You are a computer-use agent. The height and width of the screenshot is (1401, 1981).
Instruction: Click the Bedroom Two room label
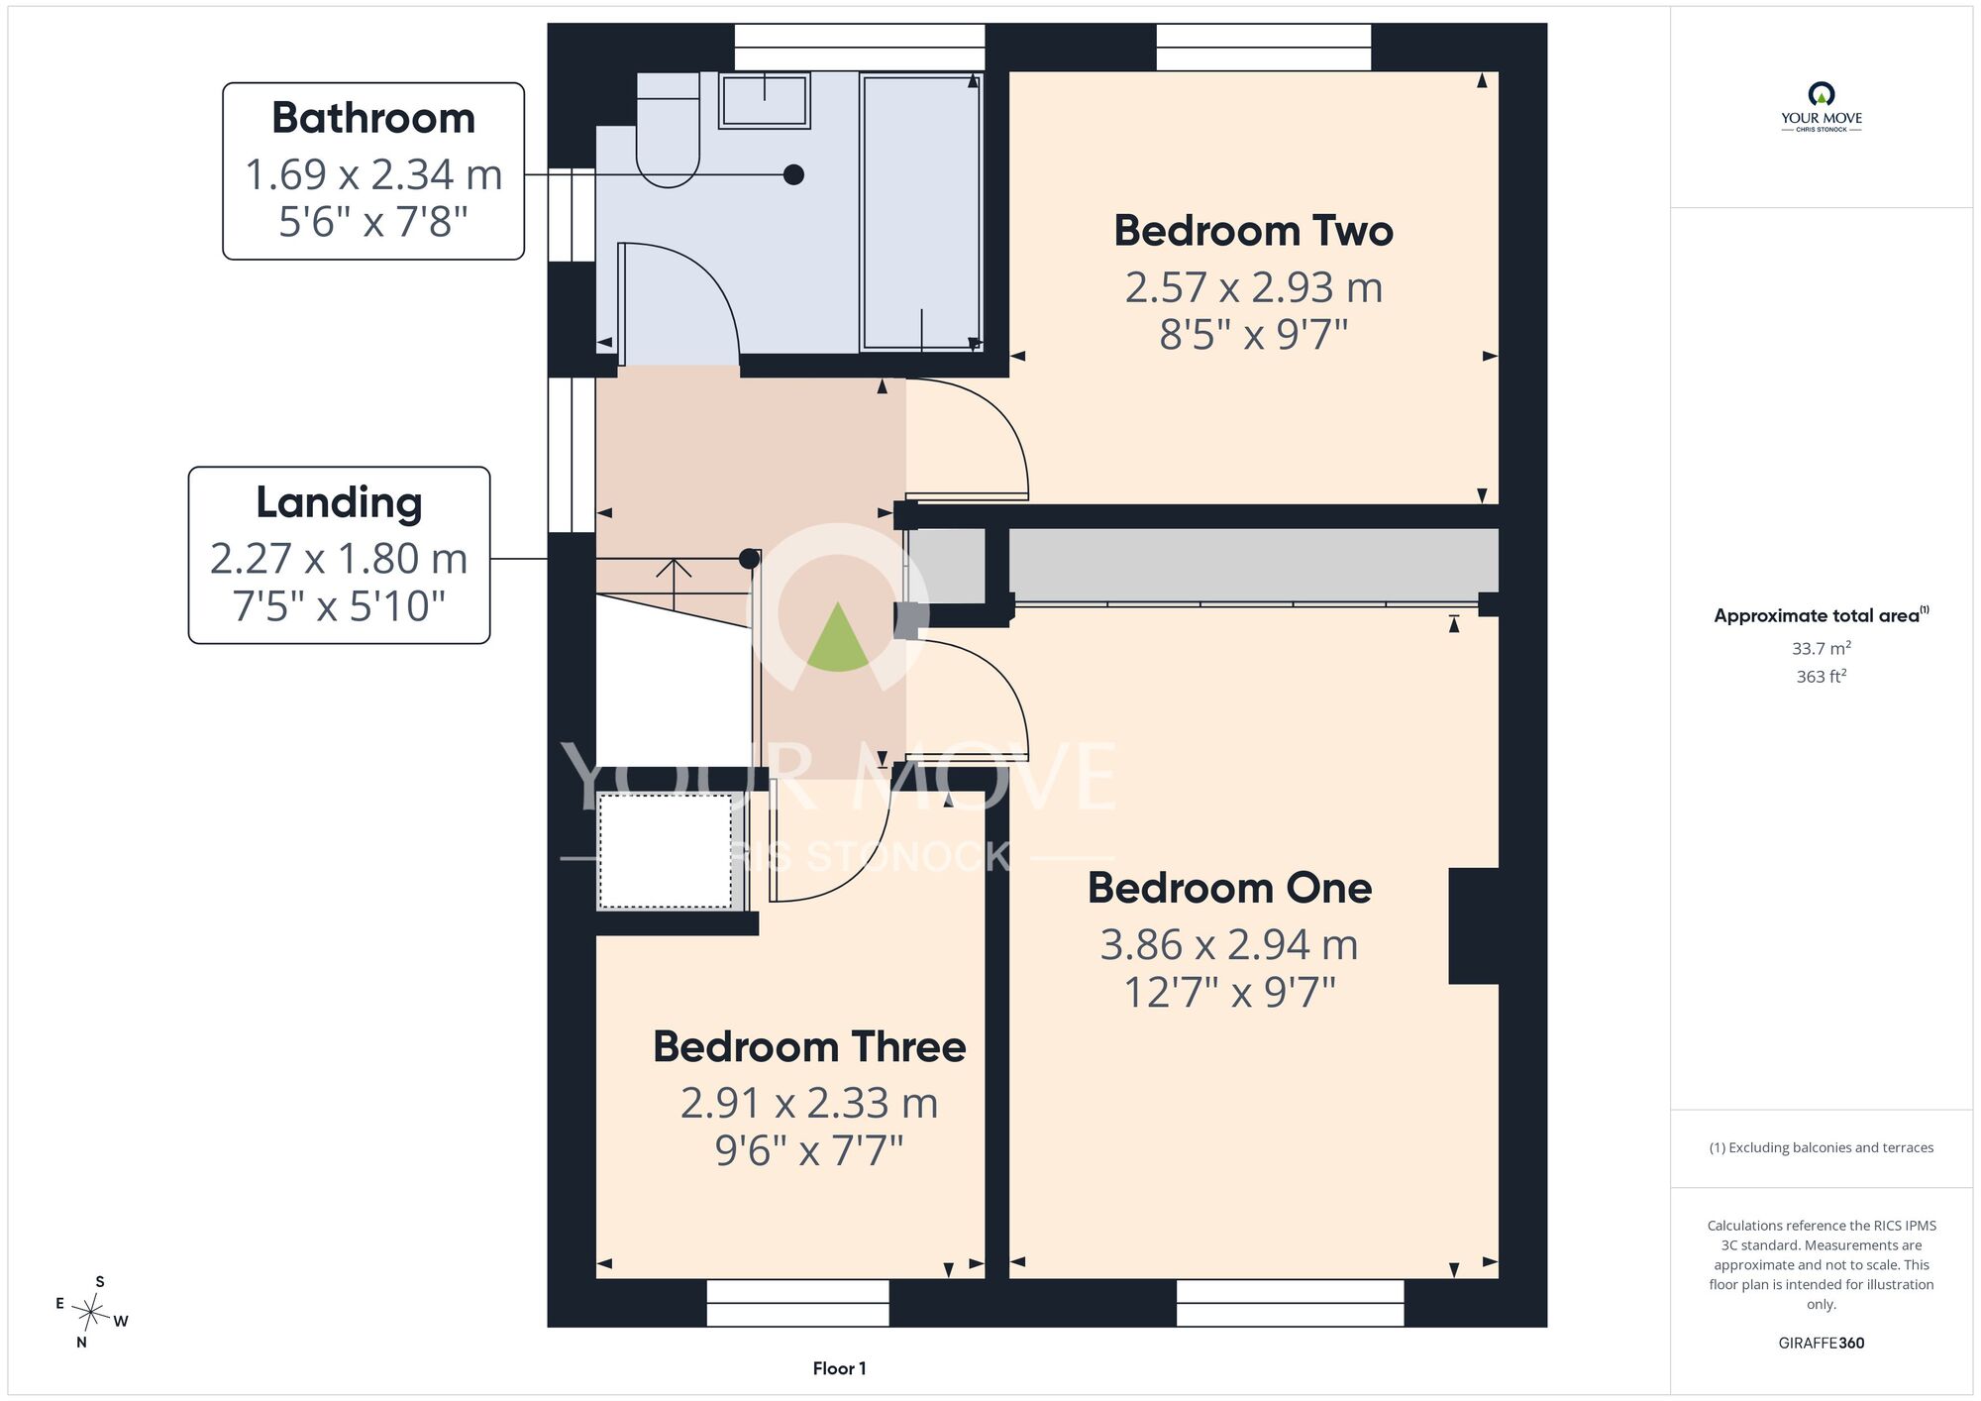tap(1253, 231)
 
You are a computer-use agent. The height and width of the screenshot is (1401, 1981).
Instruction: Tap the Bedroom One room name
tap(1229, 888)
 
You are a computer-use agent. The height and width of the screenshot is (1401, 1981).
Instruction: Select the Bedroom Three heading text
tap(809, 1046)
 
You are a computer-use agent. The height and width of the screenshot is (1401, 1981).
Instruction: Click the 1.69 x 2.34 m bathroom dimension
tap(373, 174)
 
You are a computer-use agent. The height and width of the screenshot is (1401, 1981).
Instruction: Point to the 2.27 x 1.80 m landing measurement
tap(339, 559)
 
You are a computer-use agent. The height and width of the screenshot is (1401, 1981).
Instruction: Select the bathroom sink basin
tap(764, 100)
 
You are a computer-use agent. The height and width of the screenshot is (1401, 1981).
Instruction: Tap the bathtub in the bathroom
tap(921, 212)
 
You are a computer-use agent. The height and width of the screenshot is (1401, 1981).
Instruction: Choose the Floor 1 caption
tap(839, 1368)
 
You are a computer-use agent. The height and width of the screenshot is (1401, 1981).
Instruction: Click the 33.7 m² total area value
tap(1821, 648)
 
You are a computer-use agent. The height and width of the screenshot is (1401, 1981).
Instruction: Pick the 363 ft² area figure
tap(1821, 676)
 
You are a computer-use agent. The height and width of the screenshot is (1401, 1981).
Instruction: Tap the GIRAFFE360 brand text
tap(1821, 1343)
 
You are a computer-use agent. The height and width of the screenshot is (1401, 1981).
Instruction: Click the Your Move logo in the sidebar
tap(1821, 107)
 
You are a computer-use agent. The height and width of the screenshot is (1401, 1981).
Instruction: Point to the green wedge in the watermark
tap(838, 639)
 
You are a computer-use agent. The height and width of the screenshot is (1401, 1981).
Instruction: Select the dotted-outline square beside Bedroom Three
tap(666, 850)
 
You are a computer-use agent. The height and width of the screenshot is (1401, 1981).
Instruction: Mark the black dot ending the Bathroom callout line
tap(793, 174)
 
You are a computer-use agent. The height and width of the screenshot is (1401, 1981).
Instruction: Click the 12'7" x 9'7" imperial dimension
tap(1229, 992)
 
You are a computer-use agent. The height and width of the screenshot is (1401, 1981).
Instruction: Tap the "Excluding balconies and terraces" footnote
tap(1821, 1147)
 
